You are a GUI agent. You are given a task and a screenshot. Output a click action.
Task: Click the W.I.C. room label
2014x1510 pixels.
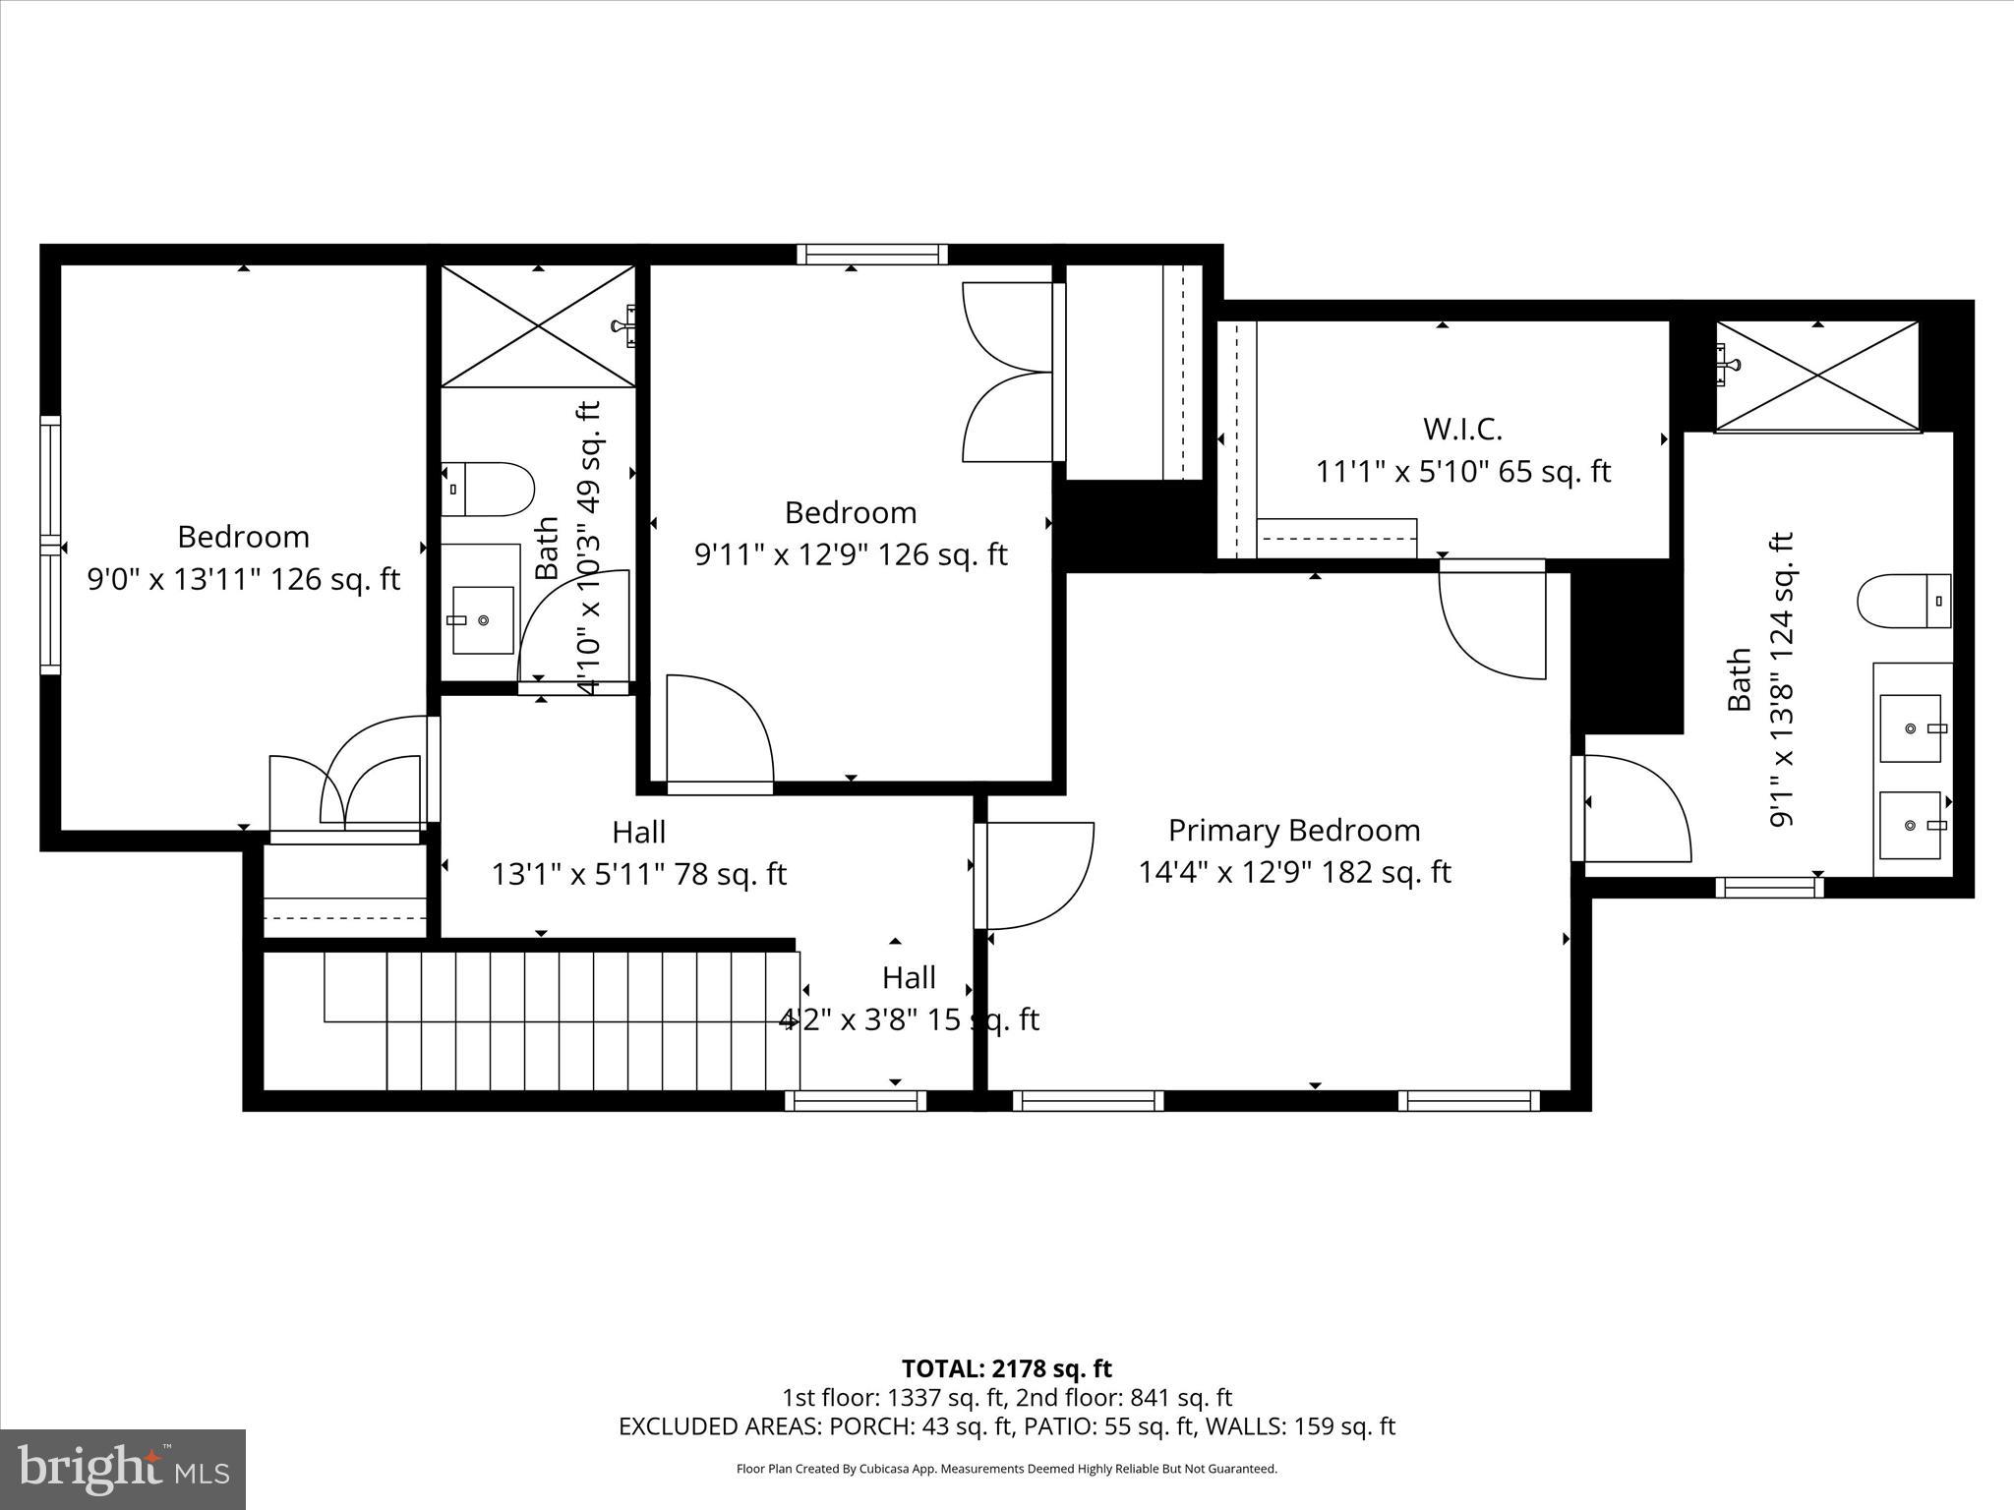pos(1462,430)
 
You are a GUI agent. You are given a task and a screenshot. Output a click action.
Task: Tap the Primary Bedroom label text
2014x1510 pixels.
pos(1293,831)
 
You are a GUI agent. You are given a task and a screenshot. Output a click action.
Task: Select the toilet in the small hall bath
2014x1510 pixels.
pos(488,490)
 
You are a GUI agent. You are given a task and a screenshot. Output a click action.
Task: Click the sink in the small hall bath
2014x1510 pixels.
pos(483,620)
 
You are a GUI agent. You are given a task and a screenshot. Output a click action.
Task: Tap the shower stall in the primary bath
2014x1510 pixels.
pos(1817,376)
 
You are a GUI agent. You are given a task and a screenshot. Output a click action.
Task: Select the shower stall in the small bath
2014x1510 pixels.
pos(537,325)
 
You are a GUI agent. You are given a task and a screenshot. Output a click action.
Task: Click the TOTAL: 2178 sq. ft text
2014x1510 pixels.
pos(1006,1368)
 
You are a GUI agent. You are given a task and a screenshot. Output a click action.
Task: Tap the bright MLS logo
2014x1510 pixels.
pos(123,1470)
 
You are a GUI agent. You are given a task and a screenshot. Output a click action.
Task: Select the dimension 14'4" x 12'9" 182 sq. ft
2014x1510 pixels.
pos(1294,873)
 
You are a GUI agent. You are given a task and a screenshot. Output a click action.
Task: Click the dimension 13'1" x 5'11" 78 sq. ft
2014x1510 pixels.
pos(639,874)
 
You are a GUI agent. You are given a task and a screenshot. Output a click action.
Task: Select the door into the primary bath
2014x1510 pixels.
pos(1632,808)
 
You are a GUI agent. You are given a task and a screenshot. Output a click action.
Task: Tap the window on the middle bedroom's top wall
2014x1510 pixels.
pos(872,255)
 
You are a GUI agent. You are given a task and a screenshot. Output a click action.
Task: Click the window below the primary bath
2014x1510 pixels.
pos(1769,888)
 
